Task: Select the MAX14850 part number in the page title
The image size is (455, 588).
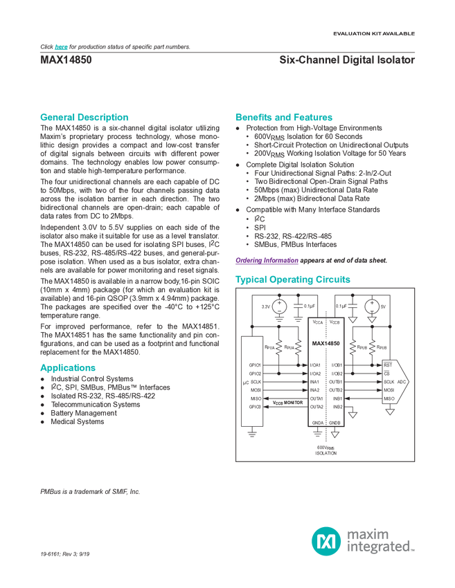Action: (65, 59)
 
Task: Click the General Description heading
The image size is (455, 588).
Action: (84, 117)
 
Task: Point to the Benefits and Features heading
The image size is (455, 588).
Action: (284, 117)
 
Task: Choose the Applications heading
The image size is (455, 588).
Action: (67, 367)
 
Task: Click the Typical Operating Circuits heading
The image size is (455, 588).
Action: (292, 280)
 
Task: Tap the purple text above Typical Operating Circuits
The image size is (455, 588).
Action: (266, 261)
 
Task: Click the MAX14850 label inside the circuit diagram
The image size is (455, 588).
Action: (325, 343)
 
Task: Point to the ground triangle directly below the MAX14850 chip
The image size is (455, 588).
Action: (335, 434)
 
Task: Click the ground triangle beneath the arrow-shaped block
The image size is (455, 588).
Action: (391, 413)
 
